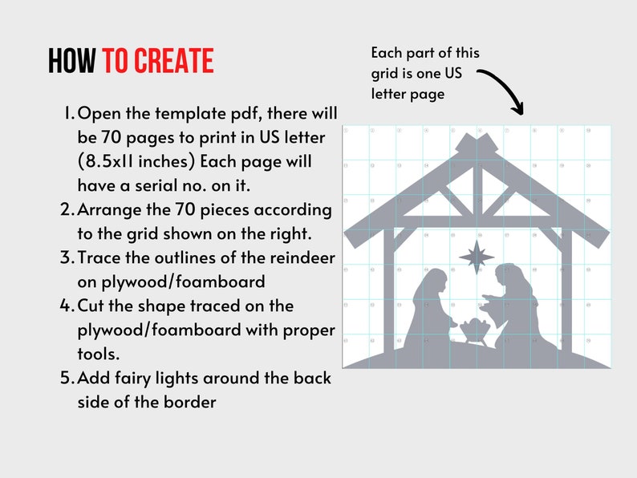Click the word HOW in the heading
[x=72, y=61]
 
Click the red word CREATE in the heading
[x=174, y=61]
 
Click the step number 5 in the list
[x=67, y=378]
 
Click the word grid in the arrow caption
[x=386, y=73]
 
